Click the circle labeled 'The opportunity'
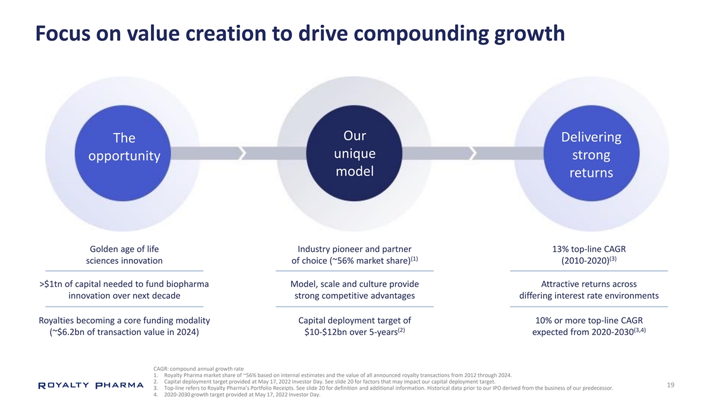[123, 153]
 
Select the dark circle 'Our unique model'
[354, 153]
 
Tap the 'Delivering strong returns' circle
[591, 153]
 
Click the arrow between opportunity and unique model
[239, 153]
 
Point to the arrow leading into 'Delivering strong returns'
[473, 153]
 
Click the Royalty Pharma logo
[91, 386]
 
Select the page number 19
[671, 385]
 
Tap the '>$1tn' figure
[51, 284]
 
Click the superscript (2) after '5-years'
[402, 330]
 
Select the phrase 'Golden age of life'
[124, 249]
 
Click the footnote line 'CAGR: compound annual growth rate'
[198, 369]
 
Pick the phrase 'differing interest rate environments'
[589, 296]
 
